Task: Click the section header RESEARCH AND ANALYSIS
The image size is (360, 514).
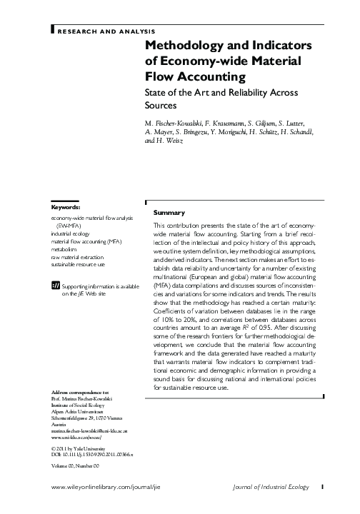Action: click(x=105, y=32)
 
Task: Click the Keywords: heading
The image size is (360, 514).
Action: click(x=65, y=207)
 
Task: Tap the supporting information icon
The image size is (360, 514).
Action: click(x=56, y=286)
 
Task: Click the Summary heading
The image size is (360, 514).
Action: click(x=169, y=213)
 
